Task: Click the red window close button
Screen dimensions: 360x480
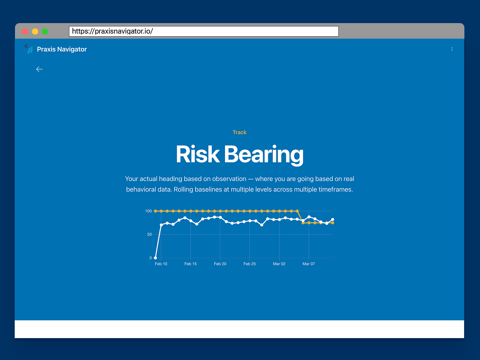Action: [x=25, y=31]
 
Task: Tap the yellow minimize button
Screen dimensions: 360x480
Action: [x=35, y=31]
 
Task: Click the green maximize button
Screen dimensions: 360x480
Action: [x=45, y=31]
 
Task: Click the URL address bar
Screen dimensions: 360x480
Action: [x=204, y=31]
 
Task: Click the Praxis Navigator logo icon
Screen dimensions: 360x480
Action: [x=28, y=49]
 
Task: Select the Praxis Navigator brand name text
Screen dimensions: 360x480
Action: [x=62, y=49]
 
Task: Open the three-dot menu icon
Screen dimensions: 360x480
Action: [x=452, y=49]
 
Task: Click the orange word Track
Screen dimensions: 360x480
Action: [x=239, y=132]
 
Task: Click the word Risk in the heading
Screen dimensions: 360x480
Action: [x=197, y=154]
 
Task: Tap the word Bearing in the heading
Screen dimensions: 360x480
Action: [x=264, y=154]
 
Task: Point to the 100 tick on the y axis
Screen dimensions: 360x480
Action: [x=148, y=211]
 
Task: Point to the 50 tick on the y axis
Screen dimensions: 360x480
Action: [x=149, y=234]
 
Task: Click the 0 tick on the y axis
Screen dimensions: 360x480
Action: [x=151, y=258]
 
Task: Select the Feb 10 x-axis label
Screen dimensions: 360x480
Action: [x=161, y=264]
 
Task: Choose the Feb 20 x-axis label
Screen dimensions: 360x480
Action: [x=220, y=264]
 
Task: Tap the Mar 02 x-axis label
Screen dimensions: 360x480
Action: [x=279, y=264]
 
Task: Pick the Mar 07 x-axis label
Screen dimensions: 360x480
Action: [x=309, y=264]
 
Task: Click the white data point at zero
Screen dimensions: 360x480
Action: [x=155, y=258]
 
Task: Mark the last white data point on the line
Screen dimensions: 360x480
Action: [x=332, y=219]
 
